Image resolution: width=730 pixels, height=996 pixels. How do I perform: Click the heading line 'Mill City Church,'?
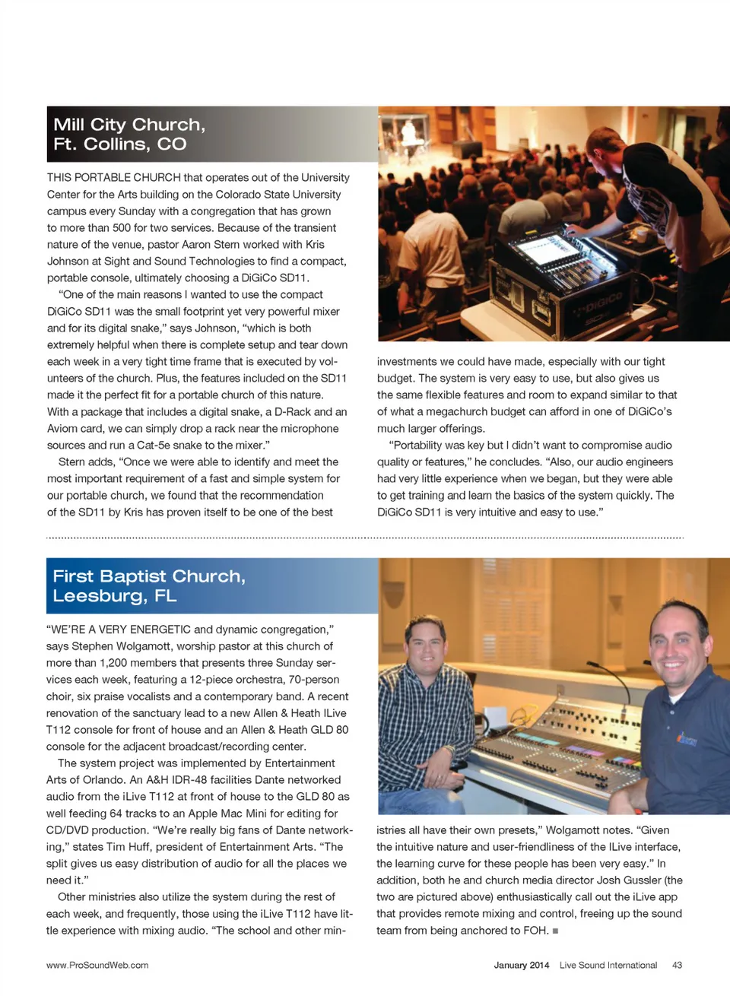coord(129,125)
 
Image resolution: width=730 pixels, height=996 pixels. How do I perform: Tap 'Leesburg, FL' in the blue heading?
coord(114,596)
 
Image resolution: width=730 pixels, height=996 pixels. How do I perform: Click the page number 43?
coord(677,965)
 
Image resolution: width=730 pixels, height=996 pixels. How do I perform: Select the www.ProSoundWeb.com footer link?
coord(97,965)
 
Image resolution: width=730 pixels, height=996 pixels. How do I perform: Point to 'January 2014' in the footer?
coord(521,965)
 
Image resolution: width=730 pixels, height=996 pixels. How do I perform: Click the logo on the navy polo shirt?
coord(687,737)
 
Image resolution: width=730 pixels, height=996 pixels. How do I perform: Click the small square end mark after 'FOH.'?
coord(556,931)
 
